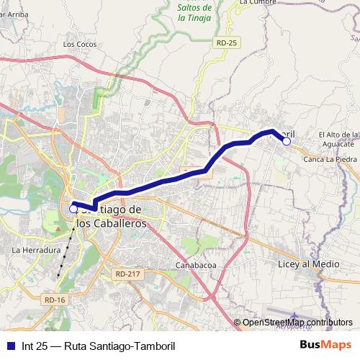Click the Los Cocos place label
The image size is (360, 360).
point(79,44)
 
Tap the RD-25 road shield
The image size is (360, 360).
point(225,43)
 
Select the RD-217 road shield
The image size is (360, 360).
point(126,274)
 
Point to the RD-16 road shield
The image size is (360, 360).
point(54,300)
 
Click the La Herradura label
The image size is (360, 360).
point(35,250)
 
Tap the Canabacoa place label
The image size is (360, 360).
point(197,266)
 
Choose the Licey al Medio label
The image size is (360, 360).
point(308,264)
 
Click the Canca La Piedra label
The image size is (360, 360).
point(330,159)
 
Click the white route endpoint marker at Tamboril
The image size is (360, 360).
point(286,142)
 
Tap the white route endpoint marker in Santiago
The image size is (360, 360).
point(73,209)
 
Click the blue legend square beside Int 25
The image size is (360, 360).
point(9,346)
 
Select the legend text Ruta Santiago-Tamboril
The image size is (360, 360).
point(120,346)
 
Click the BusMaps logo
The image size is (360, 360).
point(325,345)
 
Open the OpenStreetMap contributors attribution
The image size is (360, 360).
point(297,323)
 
